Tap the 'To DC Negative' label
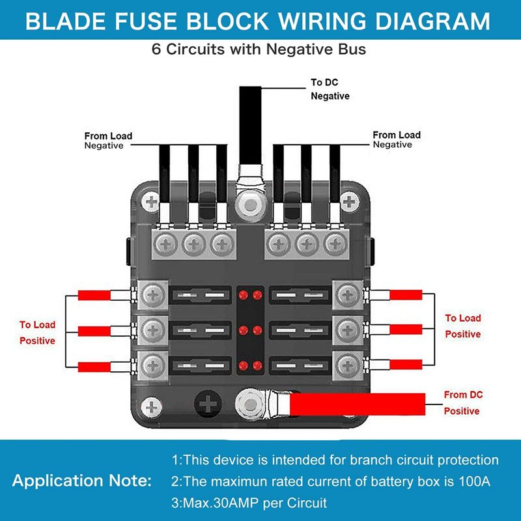point(330,89)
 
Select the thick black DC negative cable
point(250,124)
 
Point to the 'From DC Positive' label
point(464,403)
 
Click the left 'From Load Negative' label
point(108,141)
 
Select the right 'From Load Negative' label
point(396,140)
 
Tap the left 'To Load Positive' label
point(37,332)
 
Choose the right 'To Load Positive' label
point(462,326)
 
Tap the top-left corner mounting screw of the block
point(151,203)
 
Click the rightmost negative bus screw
point(334,244)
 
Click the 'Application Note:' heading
point(81,482)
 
